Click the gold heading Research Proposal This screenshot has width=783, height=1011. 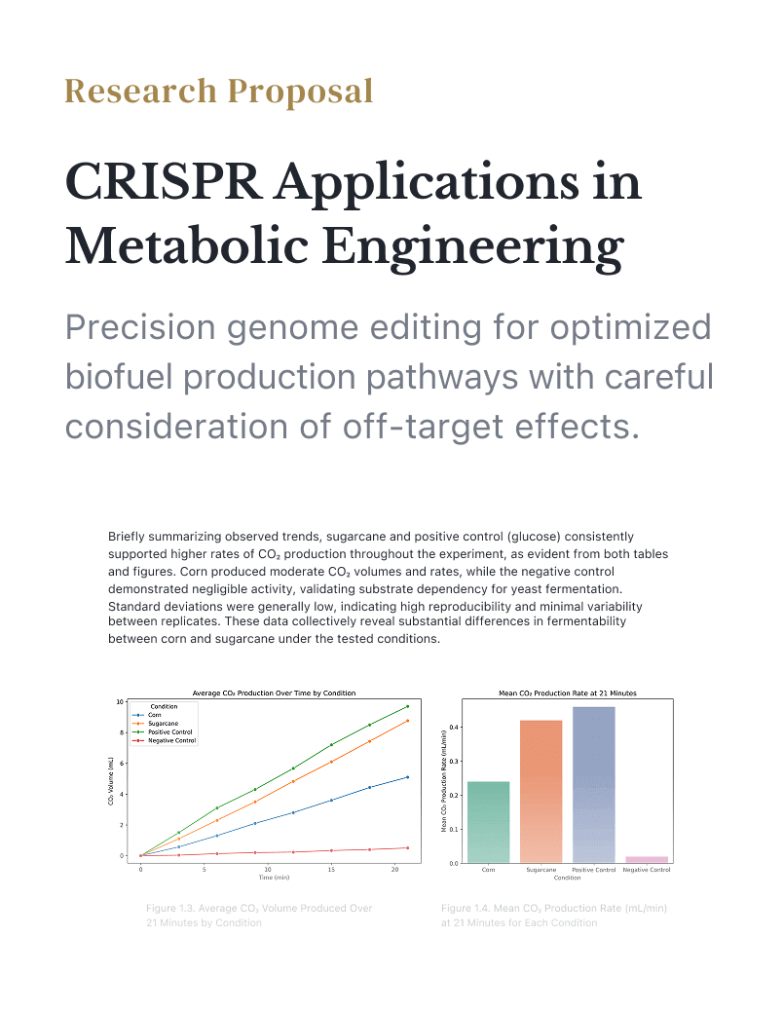click(219, 92)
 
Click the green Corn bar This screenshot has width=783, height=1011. click(488, 822)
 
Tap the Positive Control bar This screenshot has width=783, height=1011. click(593, 784)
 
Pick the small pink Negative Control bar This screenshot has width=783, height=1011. click(646, 859)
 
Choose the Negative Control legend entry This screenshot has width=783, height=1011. click(172, 740)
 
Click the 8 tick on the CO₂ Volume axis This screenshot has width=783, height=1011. click(120, 732)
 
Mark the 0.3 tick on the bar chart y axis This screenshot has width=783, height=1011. click(455, 761)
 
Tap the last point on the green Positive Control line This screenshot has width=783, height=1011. click(407, 706)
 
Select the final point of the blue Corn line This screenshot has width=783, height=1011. click(407, 777)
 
